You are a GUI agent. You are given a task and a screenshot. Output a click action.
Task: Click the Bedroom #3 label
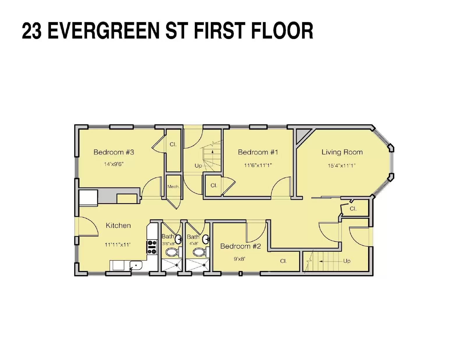114,152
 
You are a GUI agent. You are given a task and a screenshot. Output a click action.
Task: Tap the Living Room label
342,152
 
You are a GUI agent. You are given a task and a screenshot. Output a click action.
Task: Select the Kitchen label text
118,226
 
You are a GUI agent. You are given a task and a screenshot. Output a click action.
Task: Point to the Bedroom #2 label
240,246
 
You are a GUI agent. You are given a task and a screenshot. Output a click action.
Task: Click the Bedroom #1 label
258,152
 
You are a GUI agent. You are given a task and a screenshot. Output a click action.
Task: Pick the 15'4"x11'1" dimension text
342,165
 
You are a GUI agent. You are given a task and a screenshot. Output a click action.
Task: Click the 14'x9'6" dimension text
114,164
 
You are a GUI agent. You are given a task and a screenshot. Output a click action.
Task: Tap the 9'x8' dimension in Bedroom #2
239,259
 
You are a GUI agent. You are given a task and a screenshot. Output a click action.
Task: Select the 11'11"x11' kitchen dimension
117,244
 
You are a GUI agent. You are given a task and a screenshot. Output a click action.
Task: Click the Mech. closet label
173,187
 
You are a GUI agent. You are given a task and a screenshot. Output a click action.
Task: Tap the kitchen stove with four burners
152,247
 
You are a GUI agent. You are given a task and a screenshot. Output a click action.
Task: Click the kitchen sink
136,266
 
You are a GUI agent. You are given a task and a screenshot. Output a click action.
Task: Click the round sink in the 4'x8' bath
206,239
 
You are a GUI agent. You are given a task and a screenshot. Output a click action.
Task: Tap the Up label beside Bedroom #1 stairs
198,166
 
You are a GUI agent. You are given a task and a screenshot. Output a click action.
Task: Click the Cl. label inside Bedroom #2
283,261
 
